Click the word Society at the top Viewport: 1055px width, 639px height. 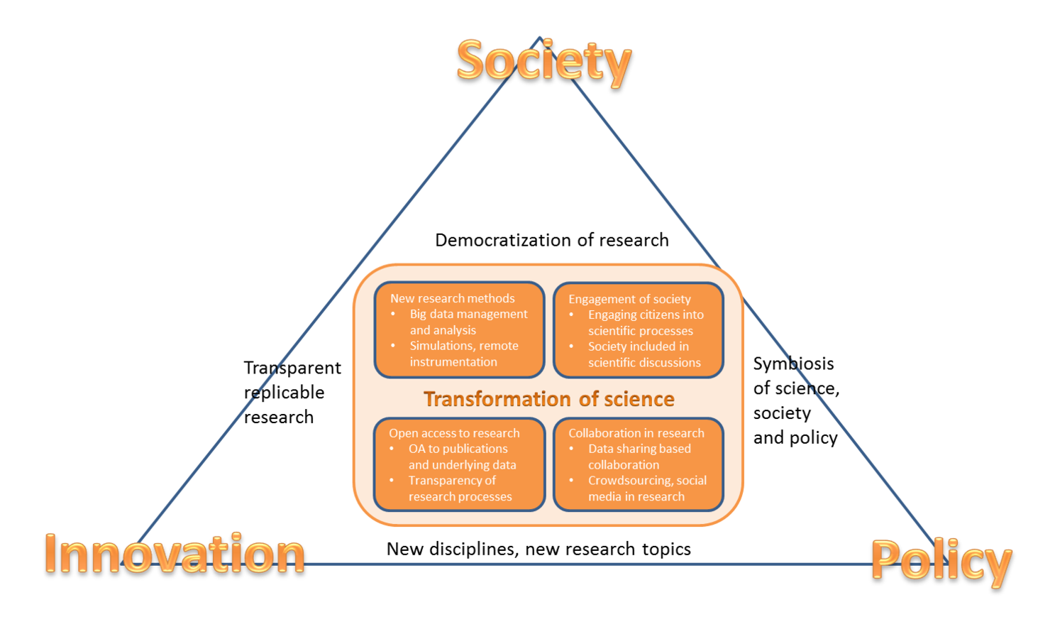543,62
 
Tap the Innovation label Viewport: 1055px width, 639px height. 175,554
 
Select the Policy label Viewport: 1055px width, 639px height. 941,561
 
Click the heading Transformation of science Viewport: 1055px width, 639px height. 548,399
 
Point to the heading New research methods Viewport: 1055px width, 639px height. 453,298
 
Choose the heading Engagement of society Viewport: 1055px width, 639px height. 629,299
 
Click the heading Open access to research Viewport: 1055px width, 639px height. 454,433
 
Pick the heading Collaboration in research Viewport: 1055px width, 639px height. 636,433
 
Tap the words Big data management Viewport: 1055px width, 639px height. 468,314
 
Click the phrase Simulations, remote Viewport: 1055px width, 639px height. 464,346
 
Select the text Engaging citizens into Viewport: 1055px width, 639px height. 646,315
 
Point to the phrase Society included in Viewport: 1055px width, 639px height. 639,346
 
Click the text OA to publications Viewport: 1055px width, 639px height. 458,449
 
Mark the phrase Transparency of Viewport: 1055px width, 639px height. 452,481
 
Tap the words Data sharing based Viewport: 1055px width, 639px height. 639,449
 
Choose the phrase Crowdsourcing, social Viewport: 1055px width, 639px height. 647,481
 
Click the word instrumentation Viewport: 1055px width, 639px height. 453,362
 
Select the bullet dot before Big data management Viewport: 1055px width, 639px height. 393,314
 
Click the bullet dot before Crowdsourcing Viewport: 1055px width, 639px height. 571,481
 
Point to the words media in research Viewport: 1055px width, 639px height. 636,497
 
